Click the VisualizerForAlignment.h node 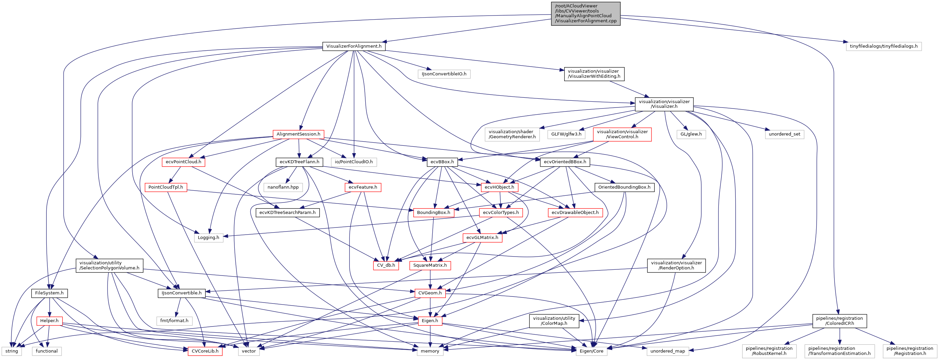pos(353,46)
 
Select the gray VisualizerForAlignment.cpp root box pos(586,14)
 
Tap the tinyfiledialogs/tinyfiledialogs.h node pos(883,46)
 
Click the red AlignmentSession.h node pos(298,134)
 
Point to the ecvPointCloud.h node pos(183,162)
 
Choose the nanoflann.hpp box pos(283,187)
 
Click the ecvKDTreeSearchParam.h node pos(287,212)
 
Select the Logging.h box pos(208,238)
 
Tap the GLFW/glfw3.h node pos(566,134)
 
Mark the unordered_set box pos(784,134)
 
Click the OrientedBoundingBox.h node pos(624,187)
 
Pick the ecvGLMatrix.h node pos(482,238)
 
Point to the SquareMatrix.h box pos(430,265)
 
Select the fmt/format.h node pos(174,321)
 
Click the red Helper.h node pos(49,321)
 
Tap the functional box pos(47,351)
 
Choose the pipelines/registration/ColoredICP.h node pos(839,321)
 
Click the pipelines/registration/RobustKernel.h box pos(769,351)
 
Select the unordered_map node pos(667,351)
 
